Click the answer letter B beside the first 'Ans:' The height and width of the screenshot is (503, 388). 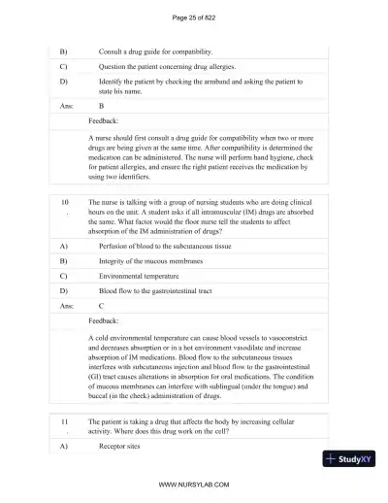point(101,109)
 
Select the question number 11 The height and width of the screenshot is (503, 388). point(65,423)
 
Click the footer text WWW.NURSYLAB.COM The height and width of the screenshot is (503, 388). point(193,484)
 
